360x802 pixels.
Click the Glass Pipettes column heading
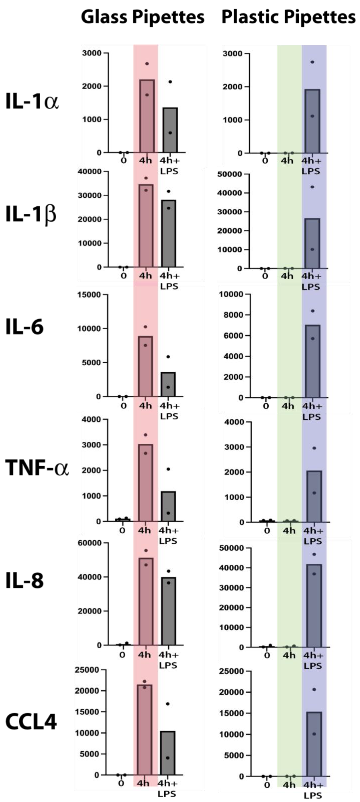pos(143,17)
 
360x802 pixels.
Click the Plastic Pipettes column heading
pos(288,17)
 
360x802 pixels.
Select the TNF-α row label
pos(37,468)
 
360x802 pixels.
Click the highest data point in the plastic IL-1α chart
pos(312,62)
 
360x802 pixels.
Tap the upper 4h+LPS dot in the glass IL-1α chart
pos(170,82)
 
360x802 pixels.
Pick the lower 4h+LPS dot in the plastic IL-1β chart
pos(312,249)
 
